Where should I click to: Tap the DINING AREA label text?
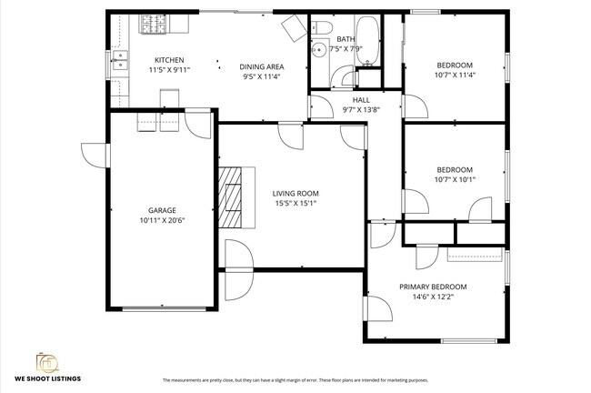pyautogui.click(x=262, y=66)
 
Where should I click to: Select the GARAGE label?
pyautogui.click(x=162, y=210)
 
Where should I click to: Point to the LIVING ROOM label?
pyautogui.click(x=295, y=193)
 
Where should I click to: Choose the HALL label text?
pyautogui.click(x=361, y=99)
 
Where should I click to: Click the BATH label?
pyautogui.click(x=346, y=39)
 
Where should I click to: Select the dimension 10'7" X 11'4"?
pyautogui.click(x=455, y=76)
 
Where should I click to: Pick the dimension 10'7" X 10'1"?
pyautogui.click(x=454, y=179)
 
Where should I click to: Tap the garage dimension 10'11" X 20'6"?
pyautogui.click(x=162, y=221)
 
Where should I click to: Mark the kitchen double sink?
pyautogui.click(x=118, y=62)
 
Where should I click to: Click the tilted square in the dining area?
pyautogui.click(x=294, y=28)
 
